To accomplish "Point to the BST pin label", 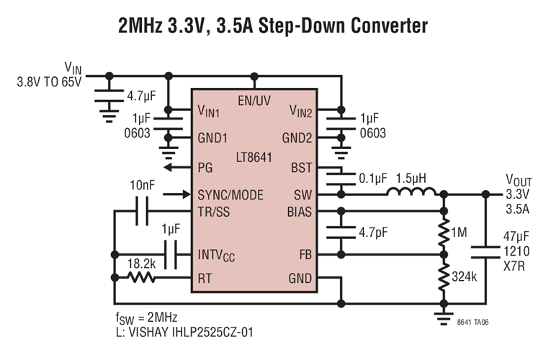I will pos(302,167).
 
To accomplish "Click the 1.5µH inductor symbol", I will pos(411,193).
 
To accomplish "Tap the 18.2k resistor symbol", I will pos(141,278).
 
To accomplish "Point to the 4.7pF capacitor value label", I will pos(374,233).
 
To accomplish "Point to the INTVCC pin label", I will pos(216,255).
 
